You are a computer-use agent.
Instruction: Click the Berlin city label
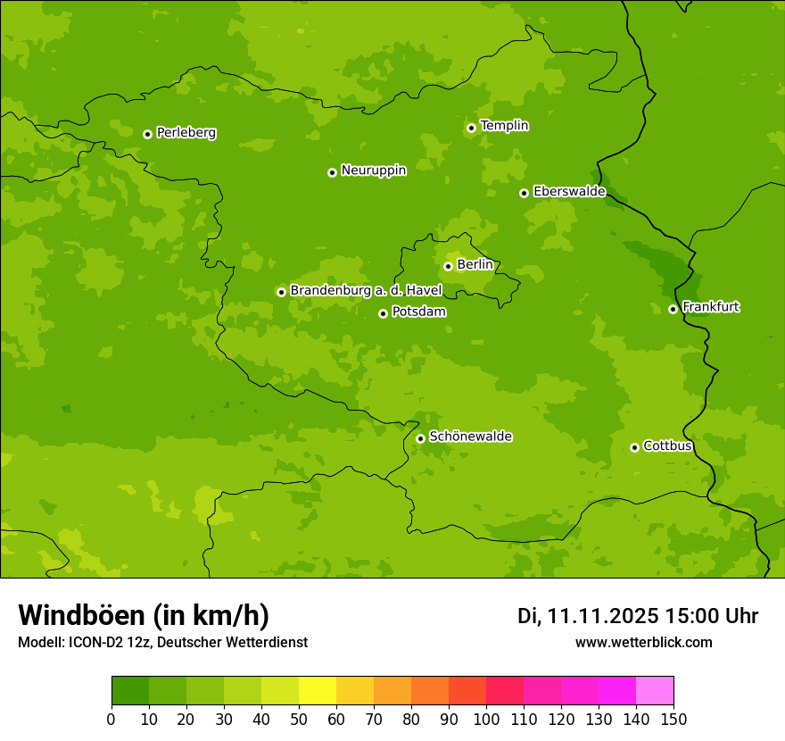point(475,264)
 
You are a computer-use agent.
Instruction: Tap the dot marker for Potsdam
point(383,313)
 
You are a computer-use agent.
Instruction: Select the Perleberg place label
point(186,133)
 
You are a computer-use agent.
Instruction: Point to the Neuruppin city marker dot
point(332,172)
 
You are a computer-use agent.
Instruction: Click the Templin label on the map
point(504,126)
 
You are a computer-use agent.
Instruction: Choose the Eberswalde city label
point(569,192)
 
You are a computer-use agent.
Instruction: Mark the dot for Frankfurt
point(673,309)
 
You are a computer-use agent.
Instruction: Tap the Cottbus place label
point(667,445)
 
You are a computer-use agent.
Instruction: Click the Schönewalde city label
point(470,437)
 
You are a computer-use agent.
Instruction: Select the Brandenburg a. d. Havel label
point(366,291)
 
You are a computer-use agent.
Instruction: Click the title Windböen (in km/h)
point(144,615)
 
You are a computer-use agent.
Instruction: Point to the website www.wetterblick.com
point(643,642)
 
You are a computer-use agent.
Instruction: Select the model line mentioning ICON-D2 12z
point(162,642)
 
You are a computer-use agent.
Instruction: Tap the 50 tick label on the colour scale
point(299,720)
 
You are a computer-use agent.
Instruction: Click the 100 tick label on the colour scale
point(486,720)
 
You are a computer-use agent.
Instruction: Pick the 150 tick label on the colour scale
point(673,720)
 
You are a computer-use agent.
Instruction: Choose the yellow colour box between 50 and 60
point(318,691)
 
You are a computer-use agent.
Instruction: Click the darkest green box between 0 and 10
point(130,691)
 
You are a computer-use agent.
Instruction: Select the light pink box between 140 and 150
point(655,691)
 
